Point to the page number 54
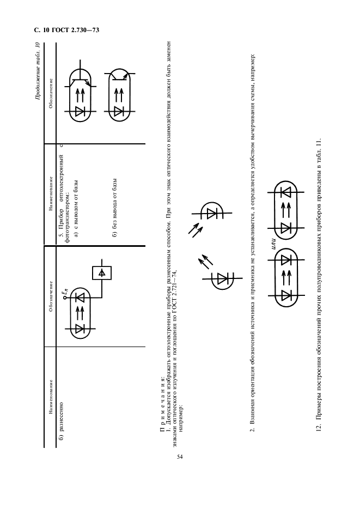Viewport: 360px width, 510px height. (x=179, y=456)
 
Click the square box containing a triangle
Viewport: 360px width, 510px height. (x=101, y=271)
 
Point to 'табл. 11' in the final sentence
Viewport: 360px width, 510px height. (x=319, y=145)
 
